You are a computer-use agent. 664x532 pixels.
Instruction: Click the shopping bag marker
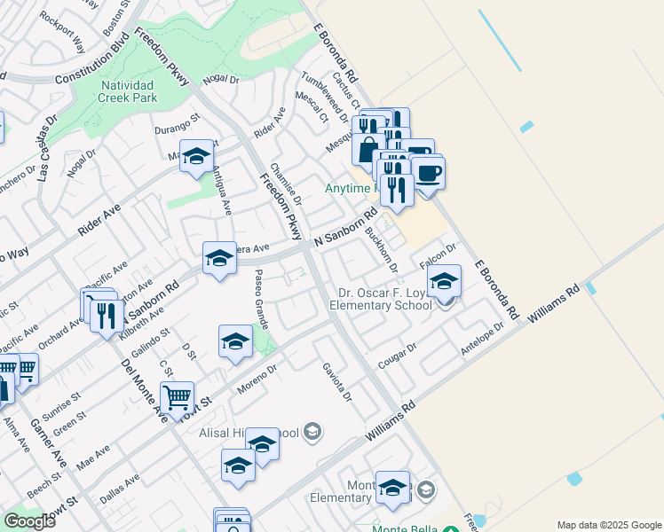[368, 148]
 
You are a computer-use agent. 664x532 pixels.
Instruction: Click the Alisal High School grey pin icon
[312, 432]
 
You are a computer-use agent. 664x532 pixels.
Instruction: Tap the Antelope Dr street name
[482, 340]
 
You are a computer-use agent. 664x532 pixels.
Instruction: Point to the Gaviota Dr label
[337, 381]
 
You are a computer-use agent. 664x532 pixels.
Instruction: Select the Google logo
[29, 520]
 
